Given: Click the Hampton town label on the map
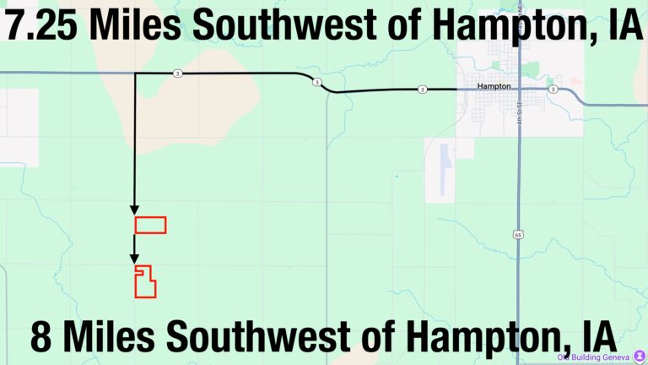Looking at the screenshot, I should (x=494, y=86).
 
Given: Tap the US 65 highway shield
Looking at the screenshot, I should (x=516, y=234).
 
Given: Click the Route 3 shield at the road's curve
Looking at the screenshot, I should (x=316, y=82).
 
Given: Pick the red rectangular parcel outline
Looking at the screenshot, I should (x=150, y=225).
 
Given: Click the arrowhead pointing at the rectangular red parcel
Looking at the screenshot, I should (x=133, y=210).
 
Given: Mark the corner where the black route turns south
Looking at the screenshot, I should (x=134, y=74).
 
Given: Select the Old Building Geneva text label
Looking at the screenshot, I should (x=594, y=357).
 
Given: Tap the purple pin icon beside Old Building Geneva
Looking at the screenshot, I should (x=639, y=357).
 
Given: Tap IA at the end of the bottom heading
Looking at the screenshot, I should (x=596, y=338).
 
